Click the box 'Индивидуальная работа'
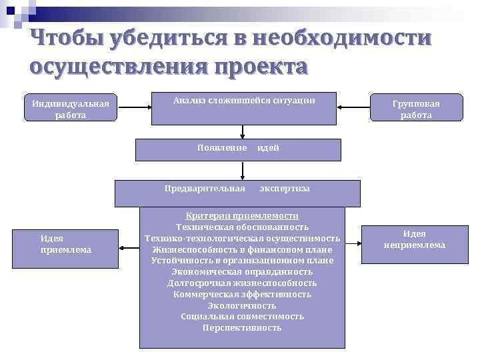tap(70, 108)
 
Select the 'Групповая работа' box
tap(416, 109)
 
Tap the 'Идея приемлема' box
tap(65, 243)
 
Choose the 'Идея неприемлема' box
tap(414, 239)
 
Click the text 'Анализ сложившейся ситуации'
tap(243, 101)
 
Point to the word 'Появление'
tap(222, 147)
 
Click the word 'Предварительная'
tap(205, 188)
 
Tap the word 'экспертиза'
tap(285, 189)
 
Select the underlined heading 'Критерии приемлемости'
tap(242, 216)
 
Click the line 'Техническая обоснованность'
tap(242, 227)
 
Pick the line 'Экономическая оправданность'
tap(242, 272)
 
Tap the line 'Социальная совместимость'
tap(242, 317)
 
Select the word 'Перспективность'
tap(242, 328)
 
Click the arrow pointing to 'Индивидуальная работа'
tap(134, 107)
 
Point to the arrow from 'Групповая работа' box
tap(353, 107)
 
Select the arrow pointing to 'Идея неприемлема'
tap(353, 241)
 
